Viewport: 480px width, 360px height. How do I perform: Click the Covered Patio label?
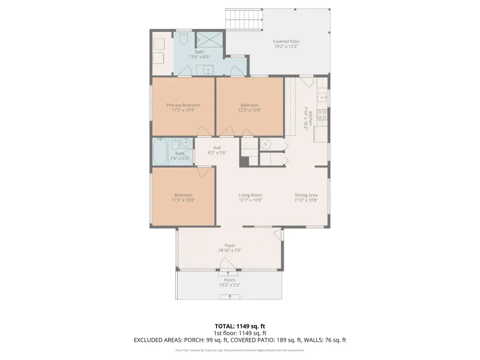coord(286,41)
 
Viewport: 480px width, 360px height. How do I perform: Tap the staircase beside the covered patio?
coord(244,19)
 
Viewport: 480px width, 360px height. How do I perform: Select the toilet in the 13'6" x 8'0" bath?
coord(184,38)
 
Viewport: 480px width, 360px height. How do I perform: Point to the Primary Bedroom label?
coord(183,105)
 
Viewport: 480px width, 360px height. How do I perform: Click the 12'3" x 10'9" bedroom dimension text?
coord(249,110)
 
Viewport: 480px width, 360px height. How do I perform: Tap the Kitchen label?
coord(310,118)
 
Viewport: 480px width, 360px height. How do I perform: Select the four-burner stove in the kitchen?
coord(322,114)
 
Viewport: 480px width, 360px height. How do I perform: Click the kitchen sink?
coord(322,97)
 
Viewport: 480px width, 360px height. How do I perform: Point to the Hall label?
coord(217,148)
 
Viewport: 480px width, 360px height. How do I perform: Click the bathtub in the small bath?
coord(160,151)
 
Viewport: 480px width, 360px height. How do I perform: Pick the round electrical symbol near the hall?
coord(265,143)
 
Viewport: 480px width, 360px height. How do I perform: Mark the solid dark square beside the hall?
coord(244,162)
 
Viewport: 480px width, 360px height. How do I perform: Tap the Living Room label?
coord(250,195)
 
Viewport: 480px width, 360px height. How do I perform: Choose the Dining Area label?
coord(306,195)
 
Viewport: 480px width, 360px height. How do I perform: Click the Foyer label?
coord(230,245)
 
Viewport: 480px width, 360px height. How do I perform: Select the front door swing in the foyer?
coord(227,264)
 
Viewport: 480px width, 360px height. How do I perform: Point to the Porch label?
coord(230,280)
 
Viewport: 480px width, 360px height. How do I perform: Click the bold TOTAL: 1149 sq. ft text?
coord(240,326)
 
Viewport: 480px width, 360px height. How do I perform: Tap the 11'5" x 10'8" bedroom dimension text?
coord(183,200)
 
